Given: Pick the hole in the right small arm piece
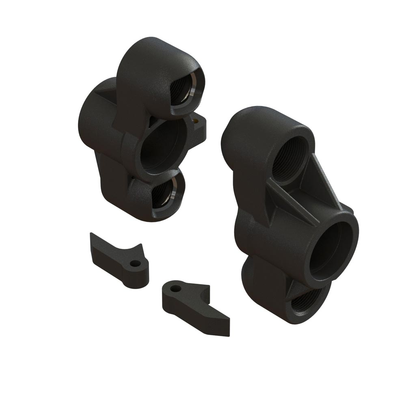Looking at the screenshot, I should [x=175, y=289].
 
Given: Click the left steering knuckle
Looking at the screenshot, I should [x=138, y=134].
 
